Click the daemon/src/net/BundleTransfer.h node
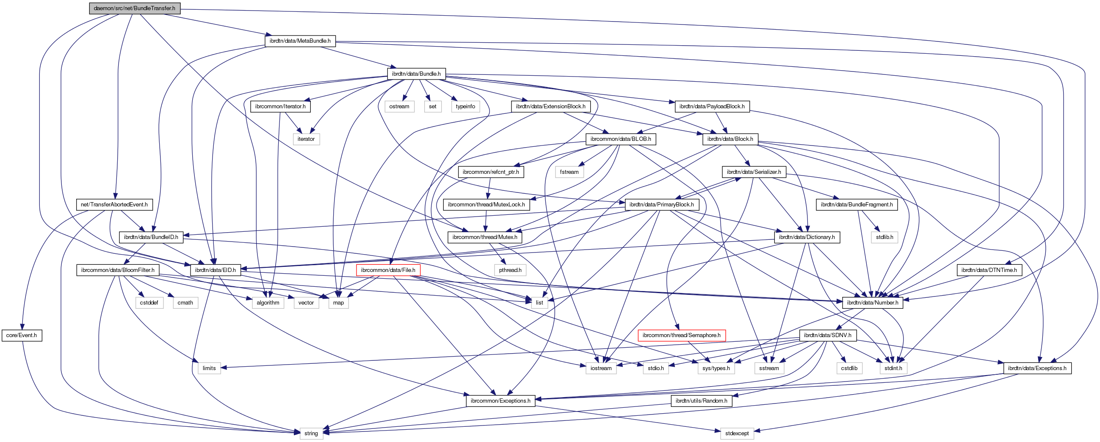click(x=135, y=8)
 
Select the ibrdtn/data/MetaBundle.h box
click(x=300, y=41)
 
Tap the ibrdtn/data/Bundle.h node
click(x=416, y=74)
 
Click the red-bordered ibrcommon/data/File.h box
click(x=388, y=270)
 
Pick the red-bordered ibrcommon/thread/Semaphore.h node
click(x=681, y=335)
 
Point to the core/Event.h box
click(x=22, y=335)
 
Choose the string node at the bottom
click(x=311, y=434)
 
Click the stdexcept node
click(x=737, y=434)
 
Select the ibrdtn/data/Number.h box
click(x=872, y=303)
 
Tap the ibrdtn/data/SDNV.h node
click(x=827, y=335)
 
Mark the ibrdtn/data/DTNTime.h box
click(x=989, y=270)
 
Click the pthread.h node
click(x=510, y=270)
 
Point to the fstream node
click(x=569, y=172)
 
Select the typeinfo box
click(x=465, y=107)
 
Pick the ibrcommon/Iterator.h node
click(x=280, y=107)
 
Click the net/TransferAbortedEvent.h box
click(x=114, y=205)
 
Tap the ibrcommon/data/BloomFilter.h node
click(x=118, y=270)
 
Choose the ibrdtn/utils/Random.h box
click(x=701, y=401)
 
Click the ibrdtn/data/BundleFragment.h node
click(x=857, y=205)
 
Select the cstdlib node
click(x=849, y=368)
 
